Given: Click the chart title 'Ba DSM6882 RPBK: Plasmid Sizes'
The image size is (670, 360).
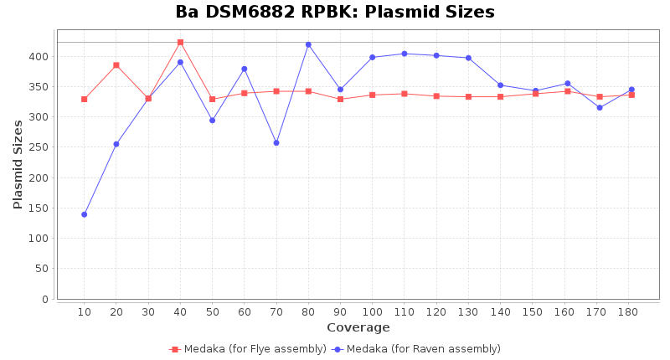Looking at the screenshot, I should point(335,13).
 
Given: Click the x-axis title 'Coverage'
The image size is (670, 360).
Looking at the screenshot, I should point(358,327).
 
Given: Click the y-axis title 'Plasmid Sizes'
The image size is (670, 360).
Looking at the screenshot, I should point(18,164).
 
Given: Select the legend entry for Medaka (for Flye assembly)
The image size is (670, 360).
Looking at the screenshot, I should point(248,349).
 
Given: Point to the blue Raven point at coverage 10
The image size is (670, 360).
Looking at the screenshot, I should point(84,214).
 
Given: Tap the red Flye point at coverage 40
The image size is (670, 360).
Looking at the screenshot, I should point(180,42).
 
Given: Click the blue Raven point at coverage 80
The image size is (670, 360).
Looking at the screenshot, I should point(308,44).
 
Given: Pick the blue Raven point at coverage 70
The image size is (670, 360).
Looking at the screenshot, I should point(276,142).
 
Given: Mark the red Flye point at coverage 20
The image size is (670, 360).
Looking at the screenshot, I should point(116,65).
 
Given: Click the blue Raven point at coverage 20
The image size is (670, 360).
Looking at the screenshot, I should point(116,144).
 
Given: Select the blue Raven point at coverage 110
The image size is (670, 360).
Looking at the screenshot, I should point(405,54).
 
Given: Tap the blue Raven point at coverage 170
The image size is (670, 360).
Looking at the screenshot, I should point(600,107).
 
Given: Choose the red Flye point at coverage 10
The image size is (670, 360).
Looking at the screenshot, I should point(84,99).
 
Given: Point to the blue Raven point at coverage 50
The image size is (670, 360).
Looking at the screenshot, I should point(212,120).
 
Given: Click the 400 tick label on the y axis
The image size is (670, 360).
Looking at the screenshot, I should point(39,57).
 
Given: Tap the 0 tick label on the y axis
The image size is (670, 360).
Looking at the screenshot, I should point(45,299).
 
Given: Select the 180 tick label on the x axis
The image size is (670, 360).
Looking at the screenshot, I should point(628,312).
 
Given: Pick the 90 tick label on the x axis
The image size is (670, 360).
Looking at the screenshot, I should point(340,312).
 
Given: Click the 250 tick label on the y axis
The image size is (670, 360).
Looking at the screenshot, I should point(39,147).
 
